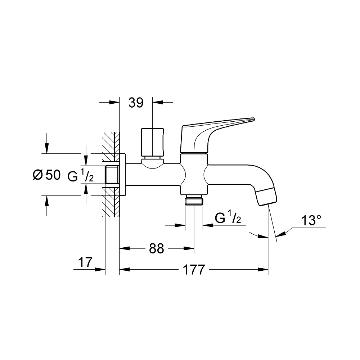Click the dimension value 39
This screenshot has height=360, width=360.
(136, 103)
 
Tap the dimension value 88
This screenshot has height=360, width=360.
(156, 248)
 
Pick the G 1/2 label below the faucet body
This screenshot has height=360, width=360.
(228, 218)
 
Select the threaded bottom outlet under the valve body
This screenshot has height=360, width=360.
(194, 200)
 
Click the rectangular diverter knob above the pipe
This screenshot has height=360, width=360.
(152, 142)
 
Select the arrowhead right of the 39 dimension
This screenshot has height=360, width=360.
(158, 103)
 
